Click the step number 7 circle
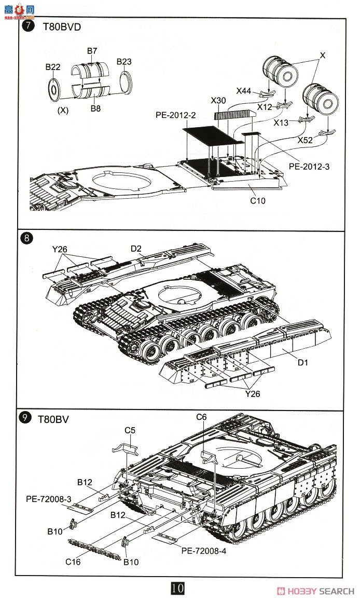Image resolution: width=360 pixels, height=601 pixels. tap(27, 27)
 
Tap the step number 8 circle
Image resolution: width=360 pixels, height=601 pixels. tap(26, 239)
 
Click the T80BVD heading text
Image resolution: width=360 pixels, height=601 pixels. tap(62, 27)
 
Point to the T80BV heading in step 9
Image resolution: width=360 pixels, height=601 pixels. tap(53, 419)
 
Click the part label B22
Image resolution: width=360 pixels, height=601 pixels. tap(53, 67)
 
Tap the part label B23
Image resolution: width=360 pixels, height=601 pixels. tap(124, 62)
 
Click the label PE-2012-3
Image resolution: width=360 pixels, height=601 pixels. tap(309, 167)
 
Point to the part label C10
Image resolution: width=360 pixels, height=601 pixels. tap(257, 200)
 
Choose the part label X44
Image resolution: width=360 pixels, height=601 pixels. tap(244, 91)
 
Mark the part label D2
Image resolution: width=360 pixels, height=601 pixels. tap(136, 249)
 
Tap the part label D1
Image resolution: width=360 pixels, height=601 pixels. tap(303, 362)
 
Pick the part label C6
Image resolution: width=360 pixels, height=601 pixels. tap(201, 417)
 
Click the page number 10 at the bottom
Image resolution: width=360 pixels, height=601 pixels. tap(177, 589)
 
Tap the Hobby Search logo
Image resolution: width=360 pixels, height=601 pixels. tap(316, 591)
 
